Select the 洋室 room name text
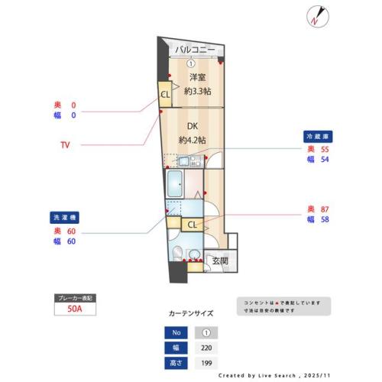(198, 77)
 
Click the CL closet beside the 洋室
(164, 94)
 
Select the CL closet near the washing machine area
(192, 224)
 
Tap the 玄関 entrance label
(220, 261)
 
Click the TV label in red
(65, 144)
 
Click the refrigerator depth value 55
(324, 150)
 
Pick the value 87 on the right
(324, 209)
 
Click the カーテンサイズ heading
(191, 313)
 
